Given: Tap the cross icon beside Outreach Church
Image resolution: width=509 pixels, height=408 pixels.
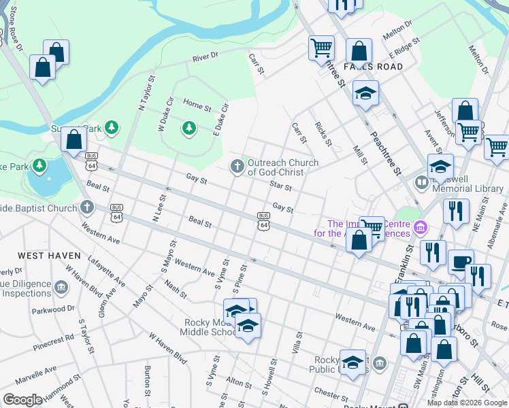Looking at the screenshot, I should point(237,165).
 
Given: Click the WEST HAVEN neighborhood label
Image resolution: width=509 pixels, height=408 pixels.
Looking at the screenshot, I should point(46,255).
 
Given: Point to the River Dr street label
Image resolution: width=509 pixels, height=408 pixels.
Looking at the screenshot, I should point(205,56).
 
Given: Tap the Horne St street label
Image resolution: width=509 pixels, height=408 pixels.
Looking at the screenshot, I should point(197,107).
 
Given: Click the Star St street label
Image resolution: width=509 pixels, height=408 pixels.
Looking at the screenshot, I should point(280,185).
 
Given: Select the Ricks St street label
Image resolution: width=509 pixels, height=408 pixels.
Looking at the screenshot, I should point(323,134).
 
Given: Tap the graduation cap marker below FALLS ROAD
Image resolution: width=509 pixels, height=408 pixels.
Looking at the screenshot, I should point(365,93).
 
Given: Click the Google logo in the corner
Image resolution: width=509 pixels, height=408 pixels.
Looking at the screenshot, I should point(23,400).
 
